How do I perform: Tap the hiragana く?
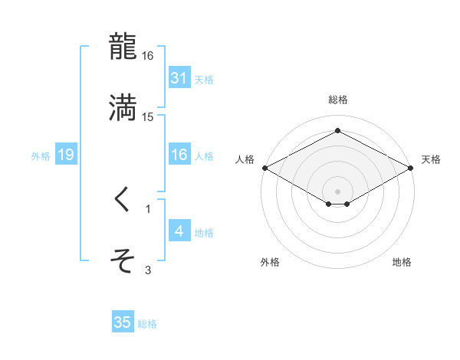point(123,201)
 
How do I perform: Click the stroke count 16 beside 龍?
point(148,56)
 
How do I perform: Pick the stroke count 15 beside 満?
point(148,116)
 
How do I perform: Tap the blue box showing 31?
point(179,78)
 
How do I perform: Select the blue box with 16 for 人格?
point(179,155)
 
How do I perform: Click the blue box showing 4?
point(179,231)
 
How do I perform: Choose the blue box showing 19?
point(66,155)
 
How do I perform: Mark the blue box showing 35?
point(123,322)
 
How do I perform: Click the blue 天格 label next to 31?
point(204,79)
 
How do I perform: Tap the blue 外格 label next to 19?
point(41,156)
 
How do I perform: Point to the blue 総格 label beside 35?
point(147,324)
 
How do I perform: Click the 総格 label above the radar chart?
point(338,100)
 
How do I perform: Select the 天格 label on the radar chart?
point(431,159)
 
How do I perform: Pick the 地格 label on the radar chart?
point(402,262)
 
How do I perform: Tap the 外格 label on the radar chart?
point(270,262)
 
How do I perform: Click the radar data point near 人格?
point(264,168)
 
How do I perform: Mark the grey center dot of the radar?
point(338,191)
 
